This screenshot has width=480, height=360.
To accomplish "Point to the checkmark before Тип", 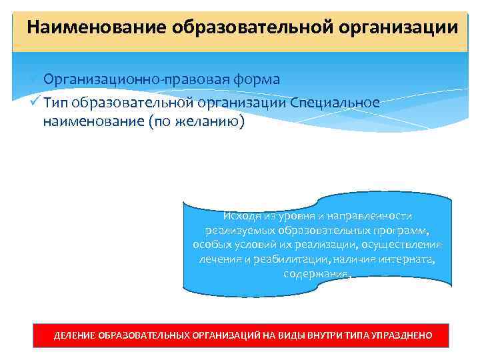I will click(35, 102).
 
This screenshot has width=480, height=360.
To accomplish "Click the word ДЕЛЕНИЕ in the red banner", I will click(74, 335).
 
